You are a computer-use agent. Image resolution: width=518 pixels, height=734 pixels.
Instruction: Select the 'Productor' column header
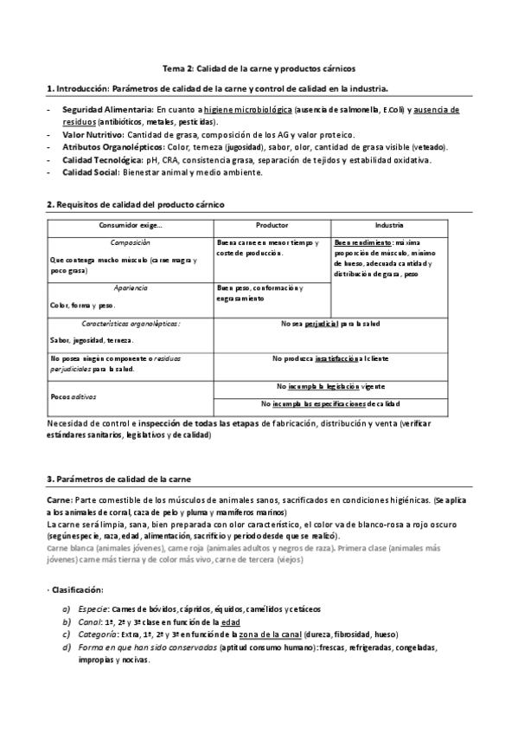point(272,225)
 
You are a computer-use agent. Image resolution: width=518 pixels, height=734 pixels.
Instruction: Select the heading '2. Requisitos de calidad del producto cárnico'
point(134,204)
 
